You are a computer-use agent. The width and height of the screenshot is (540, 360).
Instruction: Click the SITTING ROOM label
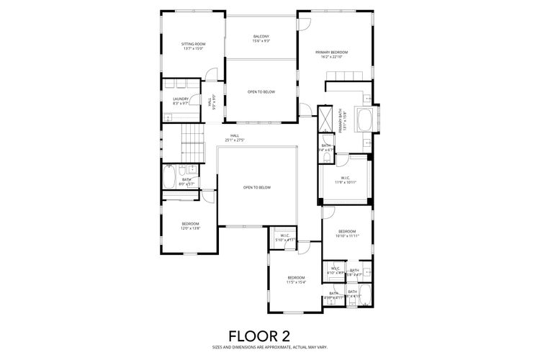pos(193,44)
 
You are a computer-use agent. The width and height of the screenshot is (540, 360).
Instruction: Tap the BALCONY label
pos(261,37)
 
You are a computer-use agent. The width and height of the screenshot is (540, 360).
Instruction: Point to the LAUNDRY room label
pos(181,99)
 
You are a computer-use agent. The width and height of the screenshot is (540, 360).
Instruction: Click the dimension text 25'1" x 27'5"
pos(235,140)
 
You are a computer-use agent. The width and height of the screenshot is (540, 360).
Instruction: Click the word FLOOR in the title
pos(246,336)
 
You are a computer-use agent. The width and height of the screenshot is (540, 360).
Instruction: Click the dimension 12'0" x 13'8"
pos(190,228)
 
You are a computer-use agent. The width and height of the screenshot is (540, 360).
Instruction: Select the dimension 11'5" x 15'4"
pos(297,282)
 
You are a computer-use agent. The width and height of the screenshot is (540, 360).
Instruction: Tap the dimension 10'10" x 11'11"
pos(347,235)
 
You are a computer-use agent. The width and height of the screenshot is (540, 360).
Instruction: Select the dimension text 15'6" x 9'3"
pos(261,41)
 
